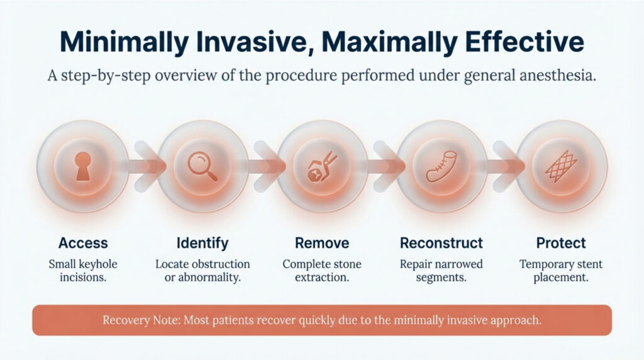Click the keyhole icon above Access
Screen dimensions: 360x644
pos(82,166)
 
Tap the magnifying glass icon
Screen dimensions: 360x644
pos(203,166)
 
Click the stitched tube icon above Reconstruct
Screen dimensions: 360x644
pos(441,167)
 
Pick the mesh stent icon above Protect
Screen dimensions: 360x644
pos(560,167)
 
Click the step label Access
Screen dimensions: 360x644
pos(83,243)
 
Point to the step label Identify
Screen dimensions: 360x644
pos(203,243)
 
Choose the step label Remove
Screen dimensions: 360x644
pos(321,243)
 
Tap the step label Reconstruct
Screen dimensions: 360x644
pos(441,243)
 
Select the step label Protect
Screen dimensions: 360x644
pos(560,243)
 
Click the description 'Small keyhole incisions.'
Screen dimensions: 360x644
pos(83,270)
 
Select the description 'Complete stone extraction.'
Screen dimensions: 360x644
pos(321,270)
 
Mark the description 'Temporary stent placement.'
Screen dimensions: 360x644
pos(560,270)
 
